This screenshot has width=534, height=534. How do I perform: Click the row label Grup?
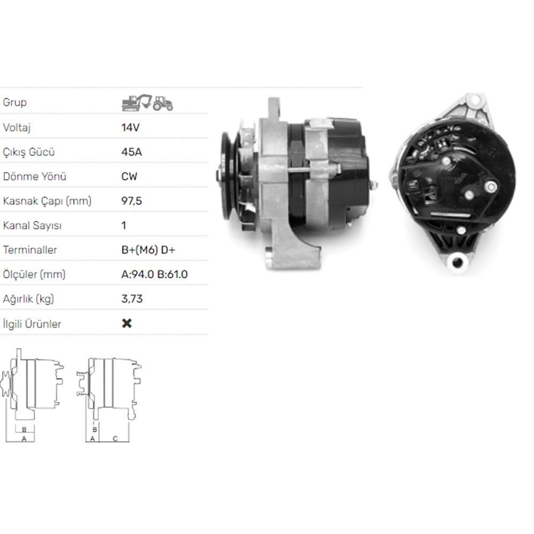(x=15, y=102)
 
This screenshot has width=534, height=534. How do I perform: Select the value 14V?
(x=131, y=128)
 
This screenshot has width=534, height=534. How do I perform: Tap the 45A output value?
(x=132, y=152)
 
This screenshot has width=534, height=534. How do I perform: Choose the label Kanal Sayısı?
(x=32, y=225)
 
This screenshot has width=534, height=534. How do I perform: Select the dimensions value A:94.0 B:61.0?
(x=155, y=274)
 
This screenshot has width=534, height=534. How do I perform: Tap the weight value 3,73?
(x=132, y=299)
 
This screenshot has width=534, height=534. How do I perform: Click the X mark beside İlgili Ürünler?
(x=127, y=323)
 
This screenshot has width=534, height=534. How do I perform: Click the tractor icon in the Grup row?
(x=163, y=103)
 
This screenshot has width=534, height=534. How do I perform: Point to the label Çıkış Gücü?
(x=29, y=152)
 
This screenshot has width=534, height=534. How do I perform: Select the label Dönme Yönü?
(x=35, y=177)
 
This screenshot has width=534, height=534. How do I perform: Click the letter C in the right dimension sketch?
(x=114, y=438)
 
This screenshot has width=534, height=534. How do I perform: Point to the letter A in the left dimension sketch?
(x=23, y=438)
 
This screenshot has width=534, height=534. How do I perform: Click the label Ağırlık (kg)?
(x=29, y=299)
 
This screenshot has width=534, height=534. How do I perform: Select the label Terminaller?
(x=30, y=250)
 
